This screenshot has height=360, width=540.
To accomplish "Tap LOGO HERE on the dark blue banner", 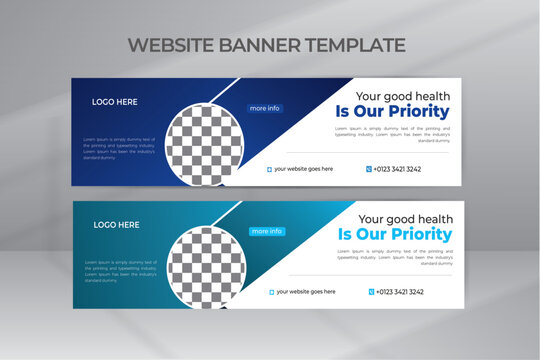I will click(116, 101).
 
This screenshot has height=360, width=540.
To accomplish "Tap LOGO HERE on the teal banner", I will click(116, 225).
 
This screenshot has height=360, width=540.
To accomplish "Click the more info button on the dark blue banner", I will click(265, 108).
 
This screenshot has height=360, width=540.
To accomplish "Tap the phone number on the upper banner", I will click(397, 169).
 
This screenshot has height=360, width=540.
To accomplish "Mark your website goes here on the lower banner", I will click(305, 292).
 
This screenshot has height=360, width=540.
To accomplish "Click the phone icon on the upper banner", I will click(368, 169).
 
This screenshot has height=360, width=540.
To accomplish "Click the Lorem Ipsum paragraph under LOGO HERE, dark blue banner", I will click(119, 149).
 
